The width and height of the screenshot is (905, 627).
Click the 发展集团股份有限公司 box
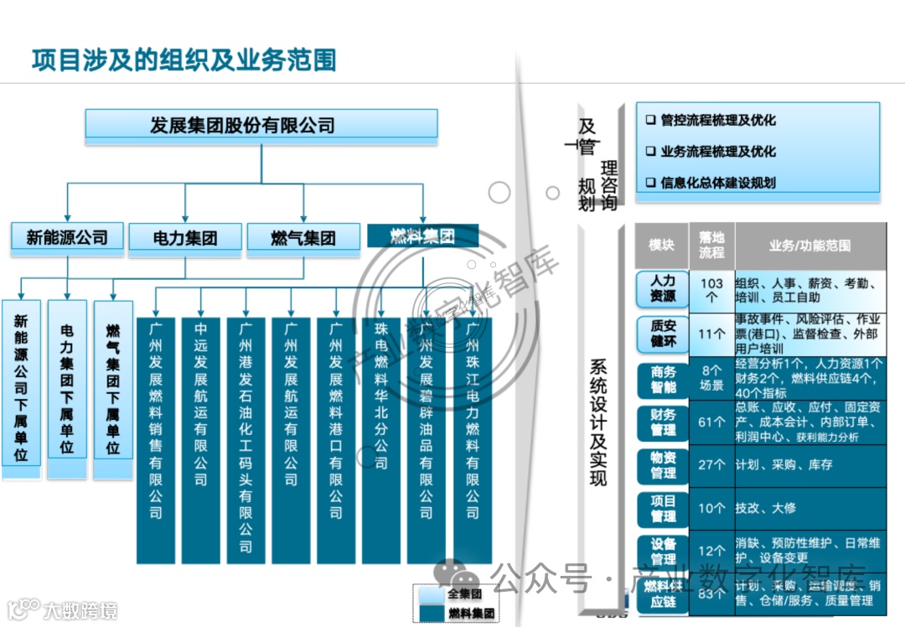[261, 126]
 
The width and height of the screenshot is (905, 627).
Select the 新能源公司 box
[67, 237]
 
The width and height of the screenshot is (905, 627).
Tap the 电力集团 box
[184, 239]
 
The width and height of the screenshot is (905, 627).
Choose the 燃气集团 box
[303, 239]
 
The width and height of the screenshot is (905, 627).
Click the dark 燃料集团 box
[422, 236]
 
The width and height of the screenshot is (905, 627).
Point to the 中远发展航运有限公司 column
[201, 427]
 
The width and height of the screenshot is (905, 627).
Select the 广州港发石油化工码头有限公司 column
[246, 427]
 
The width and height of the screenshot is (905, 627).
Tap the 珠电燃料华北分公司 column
[381, 427]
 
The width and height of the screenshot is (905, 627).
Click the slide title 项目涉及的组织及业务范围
[184, 60]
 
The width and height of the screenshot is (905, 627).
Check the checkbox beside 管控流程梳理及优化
[650, 121]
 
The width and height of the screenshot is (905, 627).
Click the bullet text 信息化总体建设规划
[717, 183]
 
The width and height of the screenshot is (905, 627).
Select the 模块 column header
[661, 246]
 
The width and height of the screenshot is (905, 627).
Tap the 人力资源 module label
[663, 289]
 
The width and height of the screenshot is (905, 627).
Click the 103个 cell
[711, 290]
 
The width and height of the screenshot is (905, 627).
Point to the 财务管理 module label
[663, 422]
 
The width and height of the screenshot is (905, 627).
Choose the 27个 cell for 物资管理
[711, 465]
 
